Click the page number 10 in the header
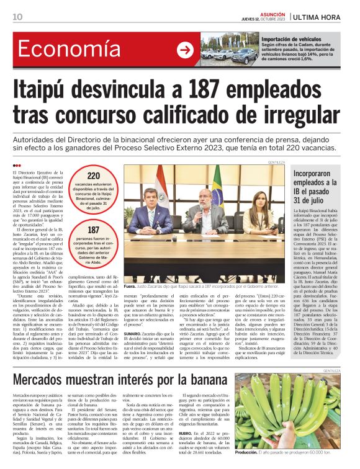coord(17,16)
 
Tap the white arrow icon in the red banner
coord(185,50)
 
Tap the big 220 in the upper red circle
coord(94,176)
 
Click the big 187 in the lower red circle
coord(94,231)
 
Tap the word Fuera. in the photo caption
coord(129,287)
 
